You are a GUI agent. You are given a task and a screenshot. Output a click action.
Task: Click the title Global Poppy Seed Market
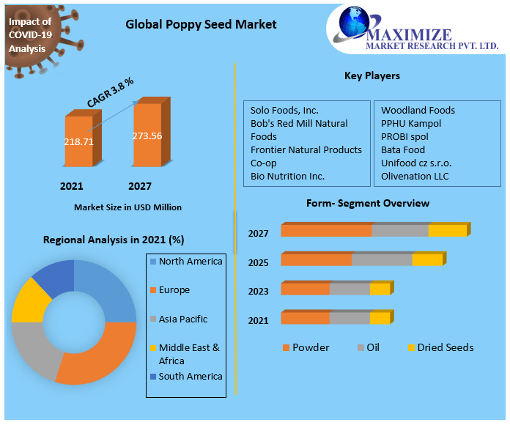click(x=201, y=24)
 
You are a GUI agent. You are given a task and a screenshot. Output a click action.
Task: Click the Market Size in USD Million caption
click(x=127, y=207)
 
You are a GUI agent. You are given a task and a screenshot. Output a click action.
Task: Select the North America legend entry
click(x=190, y=262)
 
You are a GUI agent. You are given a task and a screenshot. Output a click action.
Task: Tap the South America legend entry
click(x=190, y=377)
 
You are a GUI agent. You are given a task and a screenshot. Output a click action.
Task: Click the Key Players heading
click(x=372, y=75)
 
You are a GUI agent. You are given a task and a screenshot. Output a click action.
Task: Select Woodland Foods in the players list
click(x=418, y=110)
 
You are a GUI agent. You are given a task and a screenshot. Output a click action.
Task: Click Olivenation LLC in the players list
click(x=415, y=176)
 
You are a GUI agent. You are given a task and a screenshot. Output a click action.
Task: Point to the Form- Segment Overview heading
click(x=368, y=203)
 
